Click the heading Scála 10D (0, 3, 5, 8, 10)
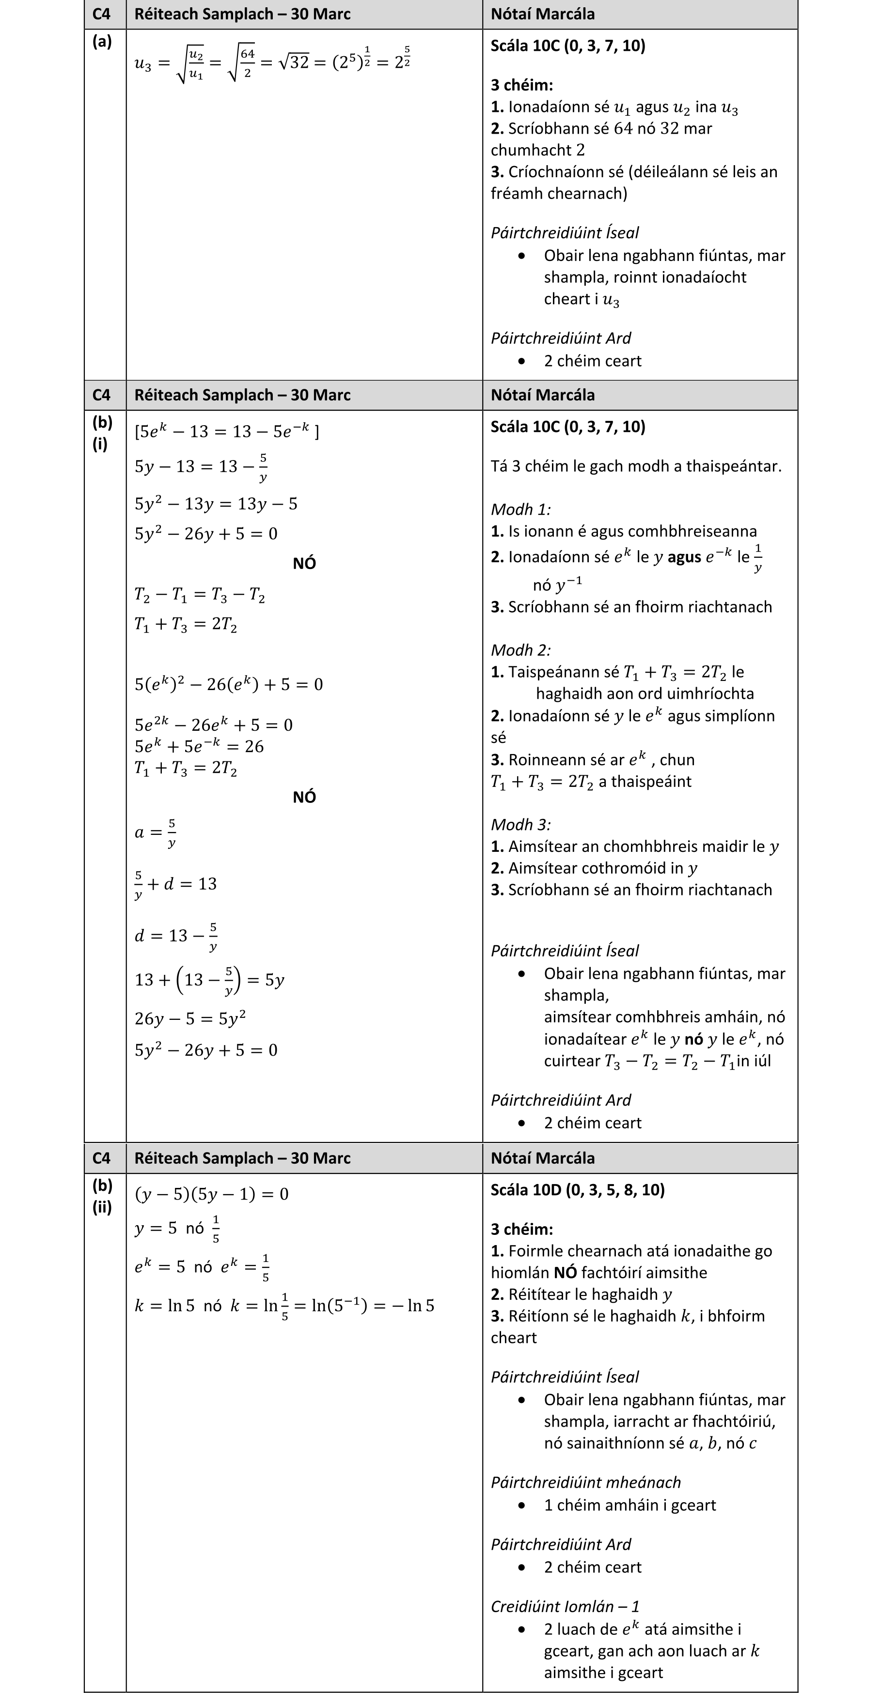coord(577,1189)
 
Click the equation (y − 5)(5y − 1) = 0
coord(211,1194)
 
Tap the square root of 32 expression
coord(293,62)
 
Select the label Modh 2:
coord(521,650)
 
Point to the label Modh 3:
coord(521,824)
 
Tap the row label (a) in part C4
coord(102,42)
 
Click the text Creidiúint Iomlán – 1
coord(565,1606)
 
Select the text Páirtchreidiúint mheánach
coord(585,1482)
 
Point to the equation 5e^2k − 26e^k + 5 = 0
coord(214,724)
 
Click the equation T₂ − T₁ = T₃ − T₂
coord(199,595)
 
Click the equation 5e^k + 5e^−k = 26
coord(199,746)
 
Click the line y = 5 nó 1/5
coord(177,1228)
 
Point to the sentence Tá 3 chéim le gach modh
coord(636,466)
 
